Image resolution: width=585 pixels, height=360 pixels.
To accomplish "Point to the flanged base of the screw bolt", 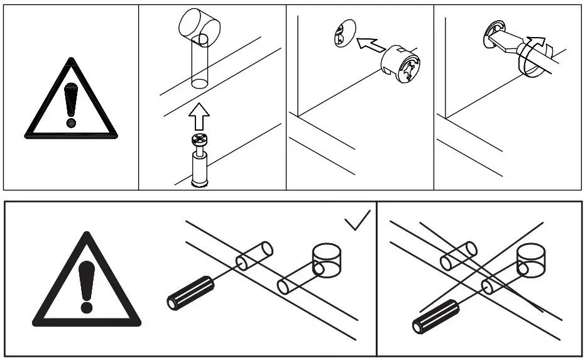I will coord(199,183).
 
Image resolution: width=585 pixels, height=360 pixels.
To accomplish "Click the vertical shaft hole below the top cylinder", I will coord(200,63).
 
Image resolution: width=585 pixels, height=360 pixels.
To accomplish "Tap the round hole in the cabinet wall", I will coord(342,33).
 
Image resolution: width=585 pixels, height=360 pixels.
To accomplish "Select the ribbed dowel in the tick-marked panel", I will coord(190,292).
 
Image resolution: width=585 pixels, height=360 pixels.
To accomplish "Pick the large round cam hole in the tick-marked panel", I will coord(327,261).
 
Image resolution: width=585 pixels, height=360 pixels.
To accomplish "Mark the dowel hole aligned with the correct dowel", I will coord(254,256).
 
